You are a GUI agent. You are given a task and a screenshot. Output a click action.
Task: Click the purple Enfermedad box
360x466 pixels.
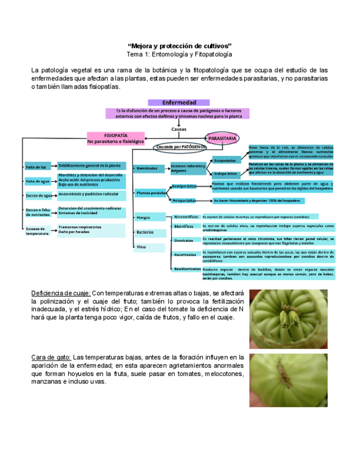coord(179,102)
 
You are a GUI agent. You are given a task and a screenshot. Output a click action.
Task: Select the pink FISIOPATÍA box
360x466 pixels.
coord(116,138)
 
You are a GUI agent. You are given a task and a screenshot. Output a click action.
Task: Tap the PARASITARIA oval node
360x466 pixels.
coord(222,139)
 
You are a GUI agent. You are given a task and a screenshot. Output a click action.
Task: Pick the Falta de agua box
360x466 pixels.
coord(38,181)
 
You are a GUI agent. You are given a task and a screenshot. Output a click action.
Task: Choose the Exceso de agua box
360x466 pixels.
coord(38,196)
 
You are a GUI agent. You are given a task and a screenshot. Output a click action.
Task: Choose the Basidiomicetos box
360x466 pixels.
coord(187,269)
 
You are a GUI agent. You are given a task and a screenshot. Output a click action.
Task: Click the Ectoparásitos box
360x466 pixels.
coord(225,160)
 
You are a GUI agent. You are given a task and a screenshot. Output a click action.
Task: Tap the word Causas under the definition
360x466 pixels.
coord(179,129)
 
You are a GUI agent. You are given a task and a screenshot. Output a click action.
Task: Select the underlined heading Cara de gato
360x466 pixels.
coord(51,357)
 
